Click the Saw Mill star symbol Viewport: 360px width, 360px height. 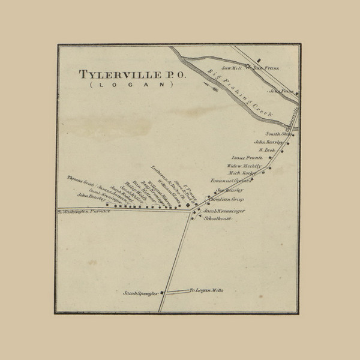pyautogui.click(x=247, y=65)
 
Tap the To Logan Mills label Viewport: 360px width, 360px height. pyautogui.click(x=206, y=290)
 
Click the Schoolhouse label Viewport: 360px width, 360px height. pyautogui.click(x=218, y=219)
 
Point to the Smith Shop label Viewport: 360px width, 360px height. pyautogui.click(x=277, y=134)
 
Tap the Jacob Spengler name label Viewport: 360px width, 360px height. pyautogui.click(x=140, y=293)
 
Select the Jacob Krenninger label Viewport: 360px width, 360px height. pyautogui.click(x=226, y=212)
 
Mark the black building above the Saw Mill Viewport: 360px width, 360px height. pyautogui.click(x=259, y=59)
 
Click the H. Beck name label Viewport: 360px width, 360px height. pyautogui.click(x=267, y=149)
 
